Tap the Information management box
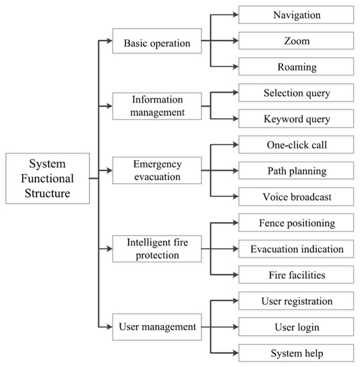click(x=156, y=105)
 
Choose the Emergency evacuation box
click(x=156, y=171)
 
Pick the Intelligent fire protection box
click(x=156, y=248)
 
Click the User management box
click(x=156, y=326)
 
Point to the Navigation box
click(x=297, y=15)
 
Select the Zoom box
click(x=297, y=41)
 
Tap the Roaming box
click(x=297, y=67)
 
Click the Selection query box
click(x=297, y=93)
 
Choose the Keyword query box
click(x=297, y=119)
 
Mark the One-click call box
click(x=297, y=145)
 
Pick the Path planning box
click(x=297, y=171)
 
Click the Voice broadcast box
click(x=297, y=197)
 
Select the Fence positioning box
click(x=297, y=223)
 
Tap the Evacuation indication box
click(x=297, y=249)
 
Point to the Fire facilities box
click(x=297, y=274)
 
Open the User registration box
click(x=297, y=301)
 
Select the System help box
click(x=297, y=352)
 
